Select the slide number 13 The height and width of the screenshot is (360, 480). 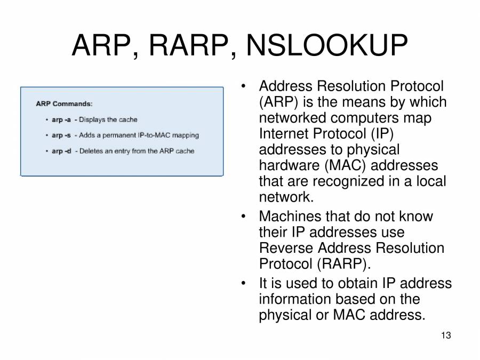[x=446, y=335]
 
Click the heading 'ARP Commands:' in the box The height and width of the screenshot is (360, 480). [x=64, y=103]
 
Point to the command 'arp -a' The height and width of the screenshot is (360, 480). [x=61, y=119]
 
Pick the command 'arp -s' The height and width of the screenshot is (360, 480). [x=61, y=135]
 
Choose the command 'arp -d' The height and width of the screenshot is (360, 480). [x=61, y=151]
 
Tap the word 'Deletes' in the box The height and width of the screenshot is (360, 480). [x=91, y=151]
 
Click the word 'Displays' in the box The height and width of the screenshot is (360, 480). [x=92, y=119]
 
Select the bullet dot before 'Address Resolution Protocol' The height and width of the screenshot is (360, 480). [x=243, y=86]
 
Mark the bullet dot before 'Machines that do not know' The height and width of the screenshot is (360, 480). [x=243, y=217]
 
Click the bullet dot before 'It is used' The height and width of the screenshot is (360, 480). [x=243, y=283]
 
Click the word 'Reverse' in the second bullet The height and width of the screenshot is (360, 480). [x=286, y=248]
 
